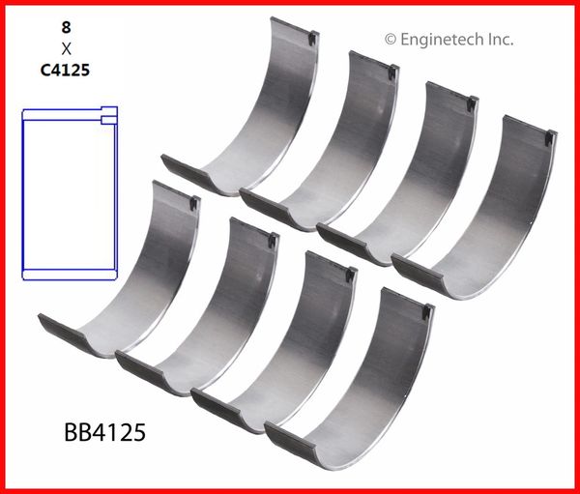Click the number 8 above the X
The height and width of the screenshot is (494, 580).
tap(66, 27)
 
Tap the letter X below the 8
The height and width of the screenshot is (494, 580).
tap(66, 48)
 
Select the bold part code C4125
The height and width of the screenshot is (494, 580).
tap(65, 70)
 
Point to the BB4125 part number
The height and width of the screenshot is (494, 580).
tap(104, 432)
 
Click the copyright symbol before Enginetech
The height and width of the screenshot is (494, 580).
tap(391, 40)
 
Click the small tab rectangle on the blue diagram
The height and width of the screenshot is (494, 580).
tap(109, 120)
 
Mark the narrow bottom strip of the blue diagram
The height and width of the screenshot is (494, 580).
tap(70, 275)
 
